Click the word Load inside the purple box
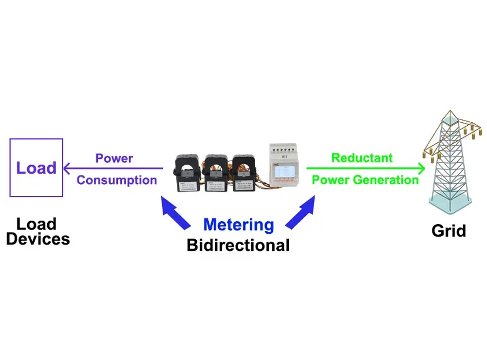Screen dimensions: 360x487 tap(36, 168)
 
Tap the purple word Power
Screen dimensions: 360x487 tap(114, 158)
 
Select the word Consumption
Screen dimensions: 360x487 tap(117, 180)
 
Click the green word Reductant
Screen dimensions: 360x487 tap(362, 158)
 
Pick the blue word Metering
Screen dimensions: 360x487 tap(239, 225)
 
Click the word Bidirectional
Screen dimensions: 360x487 tap(238, 245)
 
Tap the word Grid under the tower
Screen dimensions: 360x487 tap(449, 230)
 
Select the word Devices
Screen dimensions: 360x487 tap(38, 239)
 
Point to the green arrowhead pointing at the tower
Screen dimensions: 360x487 tap(422, 169)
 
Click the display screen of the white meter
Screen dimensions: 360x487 tap(283, 171)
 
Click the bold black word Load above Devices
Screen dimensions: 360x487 tap(36, 224)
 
